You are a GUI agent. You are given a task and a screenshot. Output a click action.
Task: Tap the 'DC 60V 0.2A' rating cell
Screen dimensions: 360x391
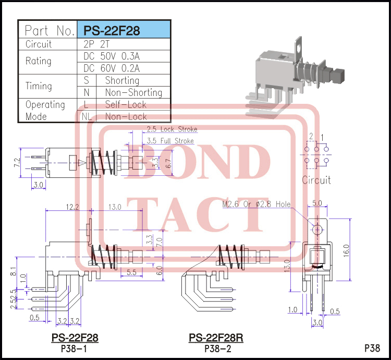[112, 68]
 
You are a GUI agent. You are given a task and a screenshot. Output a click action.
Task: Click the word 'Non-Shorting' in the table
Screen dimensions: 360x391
[133, 93]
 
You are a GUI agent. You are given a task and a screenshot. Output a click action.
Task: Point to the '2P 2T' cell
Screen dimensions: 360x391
[94, 44]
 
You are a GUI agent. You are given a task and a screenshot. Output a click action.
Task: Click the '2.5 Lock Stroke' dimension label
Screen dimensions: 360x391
[172, 129]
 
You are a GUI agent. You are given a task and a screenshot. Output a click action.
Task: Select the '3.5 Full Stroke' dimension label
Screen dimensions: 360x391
[170, 141]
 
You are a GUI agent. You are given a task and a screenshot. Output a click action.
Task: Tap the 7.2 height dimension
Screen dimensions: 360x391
[17, 162]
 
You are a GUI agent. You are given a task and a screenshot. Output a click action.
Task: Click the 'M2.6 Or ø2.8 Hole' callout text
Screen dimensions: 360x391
[256, 204]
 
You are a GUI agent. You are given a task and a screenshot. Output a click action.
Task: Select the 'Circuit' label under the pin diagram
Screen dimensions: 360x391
[316, 180]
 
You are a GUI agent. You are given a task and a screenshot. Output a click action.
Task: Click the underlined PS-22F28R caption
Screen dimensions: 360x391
[216, 338]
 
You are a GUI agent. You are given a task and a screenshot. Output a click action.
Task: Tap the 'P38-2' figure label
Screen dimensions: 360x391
[216, 349]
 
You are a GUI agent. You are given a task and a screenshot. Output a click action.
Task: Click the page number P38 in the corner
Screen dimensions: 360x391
[372, 348]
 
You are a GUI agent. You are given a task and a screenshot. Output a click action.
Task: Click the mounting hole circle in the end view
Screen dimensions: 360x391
[317, 229]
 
